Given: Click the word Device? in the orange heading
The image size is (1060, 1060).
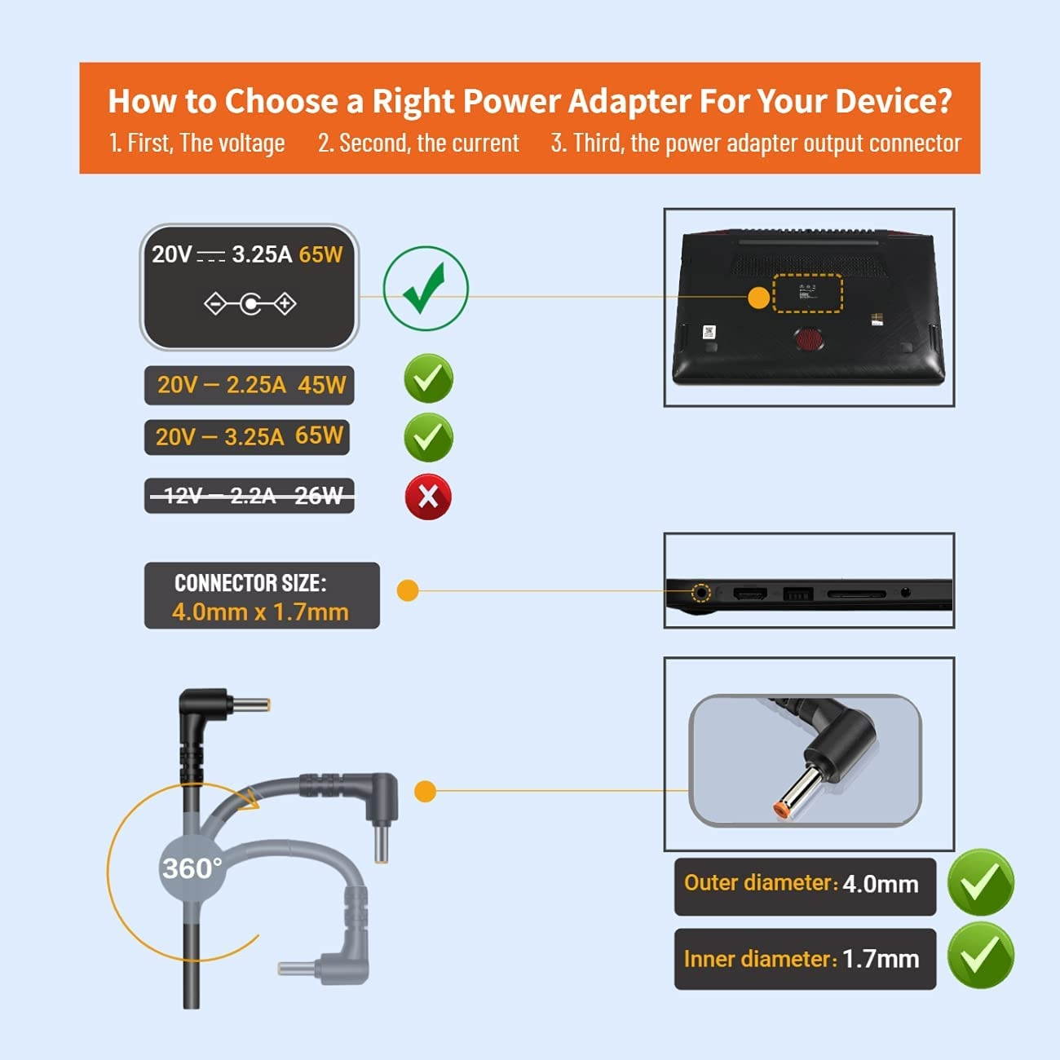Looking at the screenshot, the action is click(894, 100).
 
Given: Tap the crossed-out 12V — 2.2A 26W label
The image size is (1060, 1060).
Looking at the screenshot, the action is click(250, 496).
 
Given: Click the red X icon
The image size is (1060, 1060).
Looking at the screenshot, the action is click(428, 497).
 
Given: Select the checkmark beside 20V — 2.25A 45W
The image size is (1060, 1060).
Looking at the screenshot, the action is click(429, 378).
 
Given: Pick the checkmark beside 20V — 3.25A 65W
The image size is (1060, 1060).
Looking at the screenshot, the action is click(429, 437).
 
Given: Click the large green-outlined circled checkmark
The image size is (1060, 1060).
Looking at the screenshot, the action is click(426, 289).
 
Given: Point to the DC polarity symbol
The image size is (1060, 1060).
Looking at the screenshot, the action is click(250, 303).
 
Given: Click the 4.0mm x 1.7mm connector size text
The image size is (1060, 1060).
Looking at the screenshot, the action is click(260, 612).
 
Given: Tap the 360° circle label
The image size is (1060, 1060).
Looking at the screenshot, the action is click(192, 868).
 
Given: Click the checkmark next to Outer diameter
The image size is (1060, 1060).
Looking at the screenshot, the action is click(981, 882).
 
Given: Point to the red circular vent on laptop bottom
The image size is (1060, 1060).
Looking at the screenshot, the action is click(809, 339).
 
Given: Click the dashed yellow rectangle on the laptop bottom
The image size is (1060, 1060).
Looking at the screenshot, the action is click(807, 293).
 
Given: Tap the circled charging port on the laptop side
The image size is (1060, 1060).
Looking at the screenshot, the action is click(700, 593).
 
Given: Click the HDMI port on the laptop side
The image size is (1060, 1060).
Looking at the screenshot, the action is click(750, 594).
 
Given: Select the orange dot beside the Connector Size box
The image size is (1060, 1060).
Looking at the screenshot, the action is click(408, 590).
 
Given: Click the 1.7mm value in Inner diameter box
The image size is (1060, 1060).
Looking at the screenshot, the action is click(880, 959).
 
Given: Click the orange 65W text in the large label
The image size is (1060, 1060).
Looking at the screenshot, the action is click(320, 254).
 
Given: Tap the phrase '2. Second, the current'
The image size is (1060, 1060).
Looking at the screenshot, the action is click(418, 143).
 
